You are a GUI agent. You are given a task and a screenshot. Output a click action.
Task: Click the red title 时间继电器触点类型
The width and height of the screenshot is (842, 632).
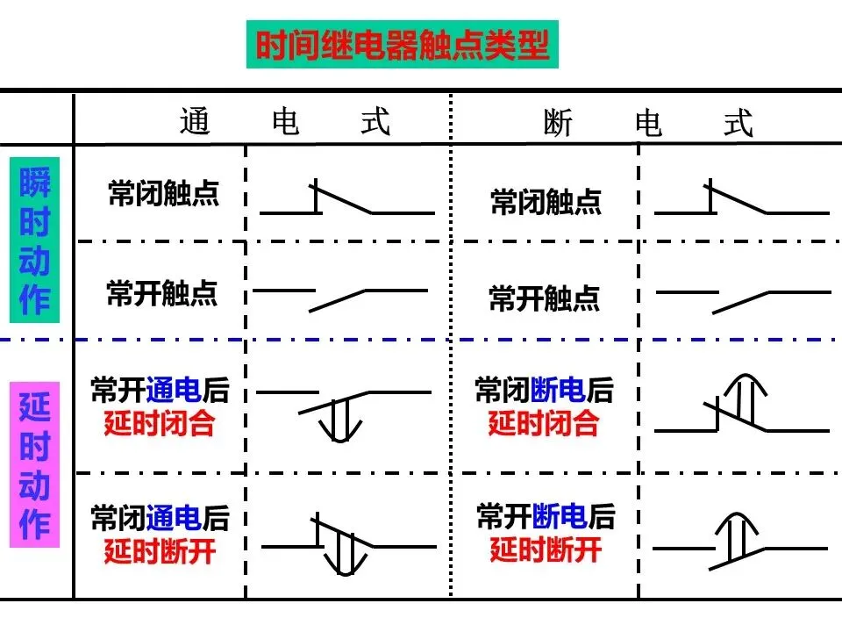coord(403,45)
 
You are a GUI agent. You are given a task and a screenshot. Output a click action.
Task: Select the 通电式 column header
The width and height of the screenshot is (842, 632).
coord(285,121)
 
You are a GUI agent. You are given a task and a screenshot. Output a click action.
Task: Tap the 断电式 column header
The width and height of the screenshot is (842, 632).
coord(648,123)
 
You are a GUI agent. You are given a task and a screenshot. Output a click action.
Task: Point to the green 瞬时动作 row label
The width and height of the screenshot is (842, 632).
coord(34,240)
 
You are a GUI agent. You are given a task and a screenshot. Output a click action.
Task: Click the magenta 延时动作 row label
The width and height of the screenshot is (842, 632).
coord(34,465)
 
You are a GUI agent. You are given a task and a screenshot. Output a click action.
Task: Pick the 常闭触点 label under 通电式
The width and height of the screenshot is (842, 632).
coord(164,193)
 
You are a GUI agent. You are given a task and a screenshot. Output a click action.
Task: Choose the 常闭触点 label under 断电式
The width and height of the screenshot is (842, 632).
coord(546,202)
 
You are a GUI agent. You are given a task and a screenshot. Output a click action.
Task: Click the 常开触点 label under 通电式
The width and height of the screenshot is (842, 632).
coord(162,293)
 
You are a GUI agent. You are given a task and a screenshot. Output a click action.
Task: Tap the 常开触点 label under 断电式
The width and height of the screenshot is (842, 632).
coord(544,298)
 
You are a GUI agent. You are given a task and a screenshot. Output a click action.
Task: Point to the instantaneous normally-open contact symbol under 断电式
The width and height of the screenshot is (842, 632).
coord(744,303)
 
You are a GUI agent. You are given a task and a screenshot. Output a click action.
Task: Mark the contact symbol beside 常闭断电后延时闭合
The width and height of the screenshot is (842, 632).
coord(742,404)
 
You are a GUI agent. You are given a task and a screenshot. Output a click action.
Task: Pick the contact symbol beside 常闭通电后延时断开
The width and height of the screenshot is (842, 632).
coord(349,544)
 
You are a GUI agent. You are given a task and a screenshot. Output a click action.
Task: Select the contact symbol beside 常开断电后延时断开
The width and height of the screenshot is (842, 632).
coord(740,542)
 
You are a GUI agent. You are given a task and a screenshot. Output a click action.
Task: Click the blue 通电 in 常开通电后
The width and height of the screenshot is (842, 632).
coord(173,390)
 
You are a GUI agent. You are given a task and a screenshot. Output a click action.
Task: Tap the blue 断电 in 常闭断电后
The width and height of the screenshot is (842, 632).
coord(558,390)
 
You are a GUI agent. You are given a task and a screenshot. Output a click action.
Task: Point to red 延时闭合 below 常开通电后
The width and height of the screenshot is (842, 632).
coord(160,423)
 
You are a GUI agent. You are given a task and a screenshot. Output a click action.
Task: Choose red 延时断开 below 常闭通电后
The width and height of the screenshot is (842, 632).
coord(160,551)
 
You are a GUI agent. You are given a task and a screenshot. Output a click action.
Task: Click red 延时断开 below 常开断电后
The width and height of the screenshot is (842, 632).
coord(546,549)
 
